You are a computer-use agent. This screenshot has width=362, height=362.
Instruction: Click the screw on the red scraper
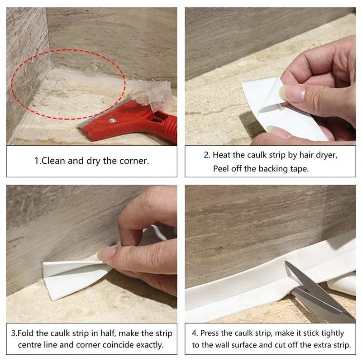coord(112,120)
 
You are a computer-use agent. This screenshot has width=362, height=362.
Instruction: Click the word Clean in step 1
coord(53,161)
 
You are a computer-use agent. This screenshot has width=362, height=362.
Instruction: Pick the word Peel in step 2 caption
coord(221,169)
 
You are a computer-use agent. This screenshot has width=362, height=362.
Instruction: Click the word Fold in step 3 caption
coord(26,333)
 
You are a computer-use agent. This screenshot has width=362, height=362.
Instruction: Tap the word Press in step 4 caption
coord(209,333)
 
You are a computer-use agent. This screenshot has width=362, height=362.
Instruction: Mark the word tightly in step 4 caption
coord(333,333)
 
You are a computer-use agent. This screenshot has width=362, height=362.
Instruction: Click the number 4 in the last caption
coord(194,333)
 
